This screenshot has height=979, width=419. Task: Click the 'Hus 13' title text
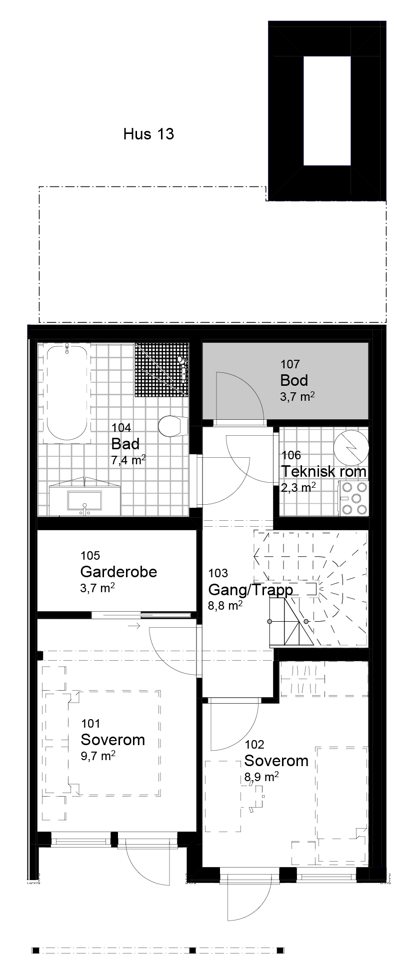point(148,134)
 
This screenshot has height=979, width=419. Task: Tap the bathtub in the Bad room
point(67,392)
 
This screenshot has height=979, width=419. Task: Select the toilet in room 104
point(170,426)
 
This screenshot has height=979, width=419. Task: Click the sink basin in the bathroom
point(84,501)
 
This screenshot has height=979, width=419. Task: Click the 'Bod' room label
point(294,380)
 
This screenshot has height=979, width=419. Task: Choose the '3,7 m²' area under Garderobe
point(97,588)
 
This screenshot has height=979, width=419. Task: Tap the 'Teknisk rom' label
point(323,471)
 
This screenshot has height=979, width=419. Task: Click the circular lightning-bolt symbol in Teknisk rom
point(351,446)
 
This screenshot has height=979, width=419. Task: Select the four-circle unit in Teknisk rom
point(354,498)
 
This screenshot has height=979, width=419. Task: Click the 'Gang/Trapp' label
point(250,590)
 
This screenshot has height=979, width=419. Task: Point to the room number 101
point(90,723)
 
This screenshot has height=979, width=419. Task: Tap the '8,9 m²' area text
point(261,777)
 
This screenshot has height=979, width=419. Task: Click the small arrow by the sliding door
point(134,626)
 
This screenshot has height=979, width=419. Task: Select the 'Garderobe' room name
point(118,572)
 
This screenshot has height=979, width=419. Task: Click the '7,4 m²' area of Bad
point(128,460)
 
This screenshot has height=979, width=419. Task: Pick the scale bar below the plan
point(157,950)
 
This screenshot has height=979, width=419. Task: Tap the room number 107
point(290,364)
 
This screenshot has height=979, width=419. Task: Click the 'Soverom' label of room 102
point(276,761)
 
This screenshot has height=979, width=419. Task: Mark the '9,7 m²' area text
point(98,756)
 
